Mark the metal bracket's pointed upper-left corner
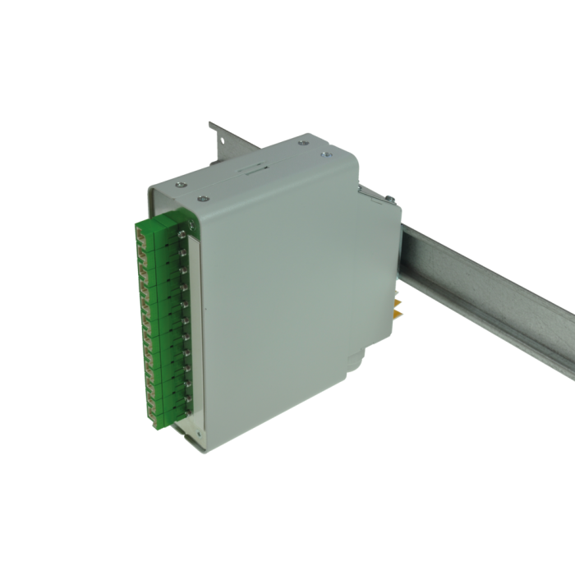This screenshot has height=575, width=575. [x=210, y=122]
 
